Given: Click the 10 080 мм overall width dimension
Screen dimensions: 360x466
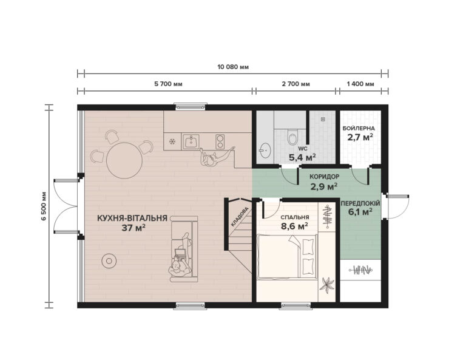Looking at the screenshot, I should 233,66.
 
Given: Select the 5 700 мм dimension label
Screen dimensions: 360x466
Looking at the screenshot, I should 169,84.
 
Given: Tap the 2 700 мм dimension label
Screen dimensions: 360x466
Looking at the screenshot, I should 295,84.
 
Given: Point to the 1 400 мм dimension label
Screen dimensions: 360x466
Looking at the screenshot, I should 360,84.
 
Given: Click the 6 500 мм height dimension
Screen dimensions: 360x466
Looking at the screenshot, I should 44,207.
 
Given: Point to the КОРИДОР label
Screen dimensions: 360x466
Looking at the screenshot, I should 324,177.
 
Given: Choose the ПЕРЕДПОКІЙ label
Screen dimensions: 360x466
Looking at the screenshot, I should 360,203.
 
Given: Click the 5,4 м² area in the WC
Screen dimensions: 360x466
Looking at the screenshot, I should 302,158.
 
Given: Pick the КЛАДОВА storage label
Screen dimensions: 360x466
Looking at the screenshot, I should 239,219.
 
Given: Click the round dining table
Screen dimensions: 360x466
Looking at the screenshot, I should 124,160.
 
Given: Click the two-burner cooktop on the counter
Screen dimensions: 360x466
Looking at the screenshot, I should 219,142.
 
